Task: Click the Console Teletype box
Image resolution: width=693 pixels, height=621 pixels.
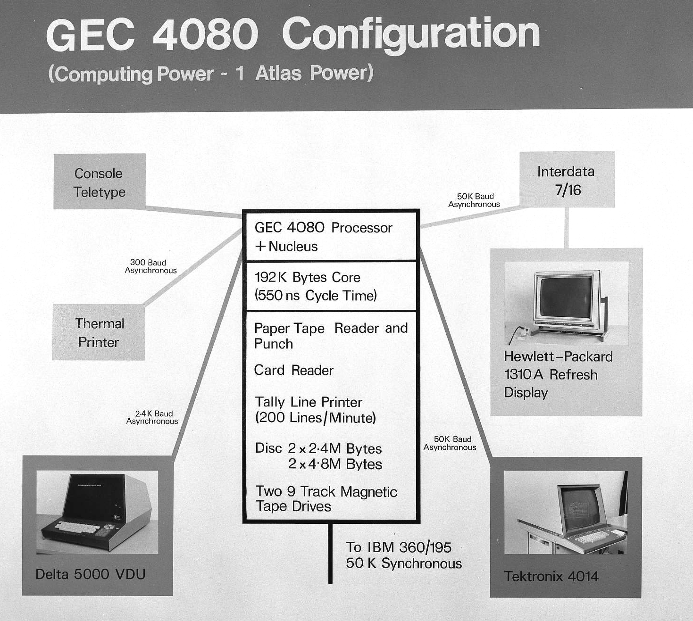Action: [x=99, y=182]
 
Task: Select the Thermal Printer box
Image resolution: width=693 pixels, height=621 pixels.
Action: [x=99, y=332]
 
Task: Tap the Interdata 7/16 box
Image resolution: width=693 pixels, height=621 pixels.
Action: [x=567, y=180]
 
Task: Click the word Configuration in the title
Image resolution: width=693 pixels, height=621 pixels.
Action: [x=410, y=34]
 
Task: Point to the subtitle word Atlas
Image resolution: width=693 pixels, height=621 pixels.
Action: [x=278, y=74]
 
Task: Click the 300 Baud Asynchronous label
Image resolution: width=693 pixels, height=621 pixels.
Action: [x=150, y=266]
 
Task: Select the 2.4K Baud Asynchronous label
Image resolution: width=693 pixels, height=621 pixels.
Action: [x=152, y=417]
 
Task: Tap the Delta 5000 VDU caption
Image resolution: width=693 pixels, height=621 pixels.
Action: [x=90, y=574]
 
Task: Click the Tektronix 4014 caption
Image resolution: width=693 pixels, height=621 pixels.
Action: [x=551, y=576]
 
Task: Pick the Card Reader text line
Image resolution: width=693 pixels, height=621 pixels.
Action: [x=293, y=370]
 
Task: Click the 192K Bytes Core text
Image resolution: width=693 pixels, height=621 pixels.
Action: [x=307, y=277]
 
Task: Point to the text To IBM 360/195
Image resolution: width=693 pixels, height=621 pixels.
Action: [x=399, y=547]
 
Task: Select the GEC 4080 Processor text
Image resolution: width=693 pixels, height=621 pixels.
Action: [x=323, y=228]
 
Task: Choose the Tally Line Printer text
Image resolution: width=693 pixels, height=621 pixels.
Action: [x=309, y=402]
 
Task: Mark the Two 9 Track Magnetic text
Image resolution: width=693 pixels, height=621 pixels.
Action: [x=326, y=491]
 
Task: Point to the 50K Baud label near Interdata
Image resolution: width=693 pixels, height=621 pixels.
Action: [x=475, y=200]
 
